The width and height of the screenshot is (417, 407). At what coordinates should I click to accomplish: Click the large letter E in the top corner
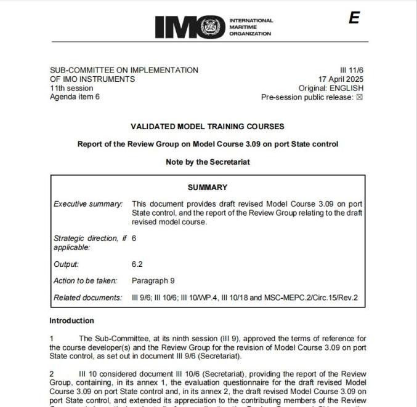[354, 18]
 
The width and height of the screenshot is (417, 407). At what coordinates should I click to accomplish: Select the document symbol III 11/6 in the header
[350, 71]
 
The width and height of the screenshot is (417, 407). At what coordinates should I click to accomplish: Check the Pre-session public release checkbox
[360, 97]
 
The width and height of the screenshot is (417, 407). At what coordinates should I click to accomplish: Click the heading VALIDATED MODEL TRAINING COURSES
[208, 127]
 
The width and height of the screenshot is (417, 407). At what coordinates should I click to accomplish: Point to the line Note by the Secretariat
[208, 162]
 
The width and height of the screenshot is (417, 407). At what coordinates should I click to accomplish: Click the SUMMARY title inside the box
[208, 188]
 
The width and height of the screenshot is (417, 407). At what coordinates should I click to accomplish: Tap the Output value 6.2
[137, 264]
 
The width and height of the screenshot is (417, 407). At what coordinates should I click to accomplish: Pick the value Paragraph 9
[153, 281]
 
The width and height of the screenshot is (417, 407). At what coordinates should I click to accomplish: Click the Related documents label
[88, 298]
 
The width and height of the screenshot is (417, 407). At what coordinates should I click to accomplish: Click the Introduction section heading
[72, 321]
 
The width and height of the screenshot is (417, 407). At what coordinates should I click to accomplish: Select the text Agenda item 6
[75, 97]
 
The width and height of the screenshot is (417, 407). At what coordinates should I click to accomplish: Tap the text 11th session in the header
[71, 88]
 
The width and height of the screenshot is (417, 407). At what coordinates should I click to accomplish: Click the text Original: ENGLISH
[331, 88]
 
